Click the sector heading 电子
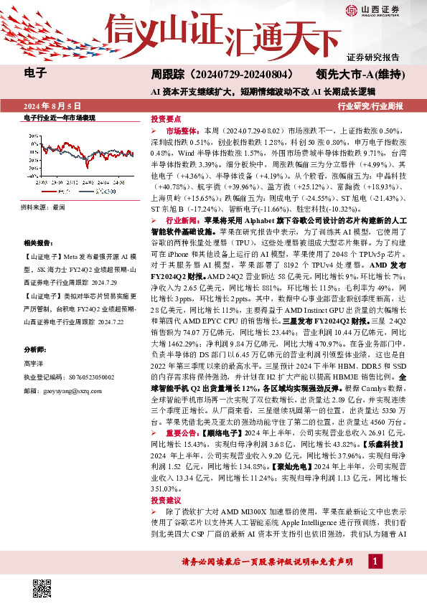(35, 73)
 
